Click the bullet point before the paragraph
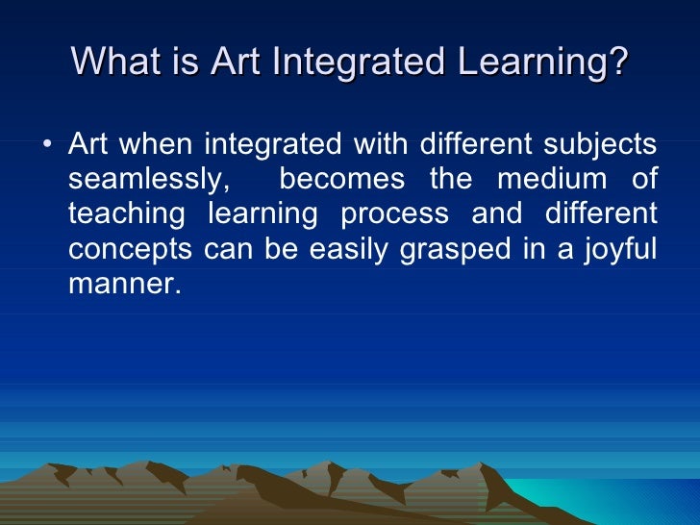click(48, 147)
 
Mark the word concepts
click(131, 248)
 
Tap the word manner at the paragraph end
click(123, 283)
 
